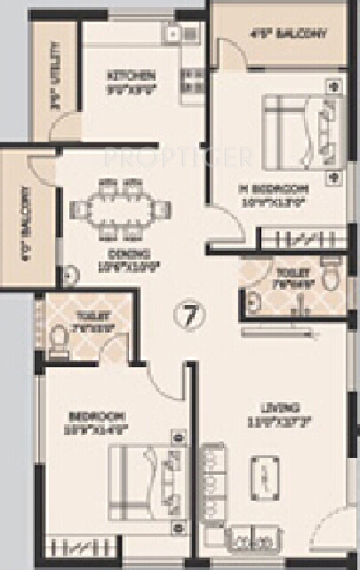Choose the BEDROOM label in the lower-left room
(x=97, y=415)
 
